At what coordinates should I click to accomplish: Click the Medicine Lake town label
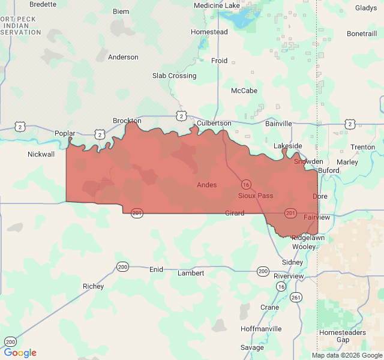217,5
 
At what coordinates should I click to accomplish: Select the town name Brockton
127,121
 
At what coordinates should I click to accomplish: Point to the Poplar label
65,133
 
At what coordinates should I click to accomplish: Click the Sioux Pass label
256,196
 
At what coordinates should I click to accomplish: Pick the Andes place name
207,185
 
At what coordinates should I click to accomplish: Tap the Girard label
235,213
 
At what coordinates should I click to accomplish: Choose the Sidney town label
293,262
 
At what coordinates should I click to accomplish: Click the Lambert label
191,273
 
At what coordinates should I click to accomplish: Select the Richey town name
93,286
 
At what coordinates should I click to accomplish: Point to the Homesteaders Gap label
343,335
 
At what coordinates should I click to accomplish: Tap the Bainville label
278,124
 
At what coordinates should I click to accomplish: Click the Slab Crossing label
174,76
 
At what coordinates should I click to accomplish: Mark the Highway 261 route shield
296,297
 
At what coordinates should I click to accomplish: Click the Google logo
20,353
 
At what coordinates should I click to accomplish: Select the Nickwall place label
41,154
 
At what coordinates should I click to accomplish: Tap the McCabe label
244,91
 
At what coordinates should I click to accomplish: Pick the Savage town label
252,347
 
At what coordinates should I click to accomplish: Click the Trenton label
363,147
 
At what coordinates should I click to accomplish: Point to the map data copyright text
347,355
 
